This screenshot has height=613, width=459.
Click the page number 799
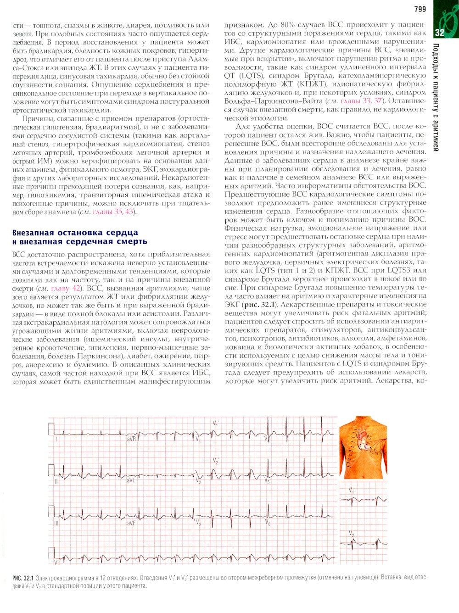[420, 9]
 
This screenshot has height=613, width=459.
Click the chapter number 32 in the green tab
[439, 33]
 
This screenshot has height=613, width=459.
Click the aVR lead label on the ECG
[131, 439]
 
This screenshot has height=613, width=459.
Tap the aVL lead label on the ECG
[131, 481]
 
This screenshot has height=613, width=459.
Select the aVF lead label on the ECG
[131, 523]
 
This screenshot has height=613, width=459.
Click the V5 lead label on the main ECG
[267, 482]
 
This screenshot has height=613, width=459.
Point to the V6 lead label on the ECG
[268, 524]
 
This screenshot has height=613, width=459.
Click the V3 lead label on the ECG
[198, 523]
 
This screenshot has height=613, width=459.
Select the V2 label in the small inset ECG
[351, 534]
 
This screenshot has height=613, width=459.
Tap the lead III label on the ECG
[56, 523]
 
